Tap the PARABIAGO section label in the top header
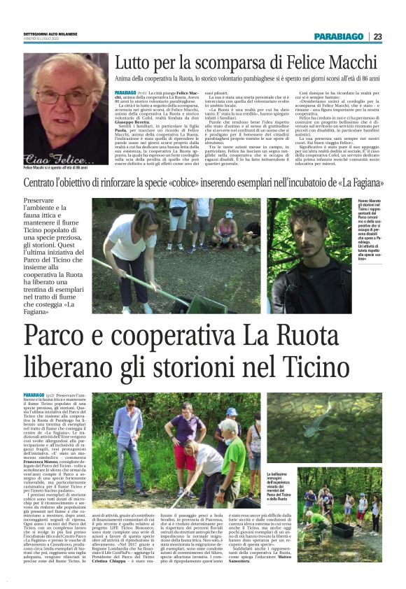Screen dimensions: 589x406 (x=339, y=36)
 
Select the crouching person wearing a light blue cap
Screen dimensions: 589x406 (x=226, y=227)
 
